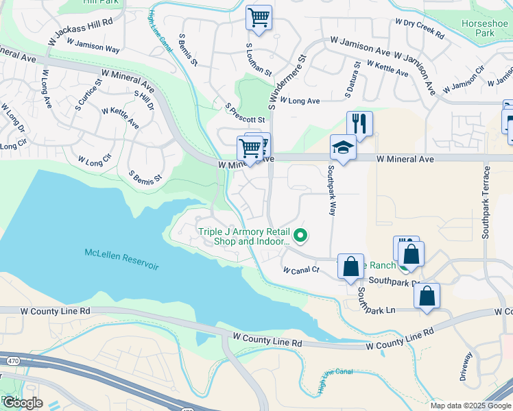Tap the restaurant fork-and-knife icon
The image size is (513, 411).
[359, 124]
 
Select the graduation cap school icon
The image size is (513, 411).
[343, 147]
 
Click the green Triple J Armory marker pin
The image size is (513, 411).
[300, 236]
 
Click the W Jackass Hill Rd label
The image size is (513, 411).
[80, 32]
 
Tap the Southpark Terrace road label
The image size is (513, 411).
[487, 201]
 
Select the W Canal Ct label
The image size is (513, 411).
[302, 270]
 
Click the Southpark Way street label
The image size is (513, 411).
[331, 190]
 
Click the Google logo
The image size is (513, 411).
[22, 403]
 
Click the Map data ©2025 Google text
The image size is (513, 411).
[470, 406]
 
